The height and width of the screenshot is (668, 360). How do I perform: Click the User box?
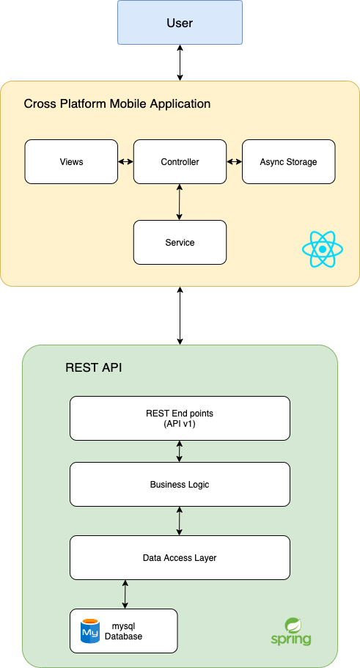(180, 23)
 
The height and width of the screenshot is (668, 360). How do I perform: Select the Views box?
(71, 162)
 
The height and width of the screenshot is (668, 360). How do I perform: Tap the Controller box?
(180, 162)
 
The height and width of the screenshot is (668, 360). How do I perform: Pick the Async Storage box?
(288, 162)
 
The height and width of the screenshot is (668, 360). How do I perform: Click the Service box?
(180, 243)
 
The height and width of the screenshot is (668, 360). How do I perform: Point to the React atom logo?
(323, 249)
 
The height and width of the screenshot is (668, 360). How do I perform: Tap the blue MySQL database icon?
(90, 631)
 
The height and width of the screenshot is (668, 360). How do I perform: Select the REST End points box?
(180, 419)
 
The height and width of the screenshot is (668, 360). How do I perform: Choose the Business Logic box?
(180, 485)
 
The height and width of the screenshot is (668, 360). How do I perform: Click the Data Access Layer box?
(180, 558)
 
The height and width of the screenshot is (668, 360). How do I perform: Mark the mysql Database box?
(124, 631)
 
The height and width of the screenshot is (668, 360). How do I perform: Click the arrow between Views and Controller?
(125, 162)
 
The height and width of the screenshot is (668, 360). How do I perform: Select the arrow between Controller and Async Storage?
(235, 162)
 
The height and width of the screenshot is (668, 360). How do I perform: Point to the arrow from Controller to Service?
(180, 202)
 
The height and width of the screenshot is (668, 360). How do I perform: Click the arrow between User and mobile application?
(180, 62)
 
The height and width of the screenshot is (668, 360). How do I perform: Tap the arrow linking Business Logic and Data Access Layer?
(180, 521)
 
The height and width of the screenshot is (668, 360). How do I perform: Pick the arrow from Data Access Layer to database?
(125, 594)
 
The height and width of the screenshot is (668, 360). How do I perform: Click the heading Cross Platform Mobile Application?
(117, 103)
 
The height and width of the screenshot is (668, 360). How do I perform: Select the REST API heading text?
(94, 367)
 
